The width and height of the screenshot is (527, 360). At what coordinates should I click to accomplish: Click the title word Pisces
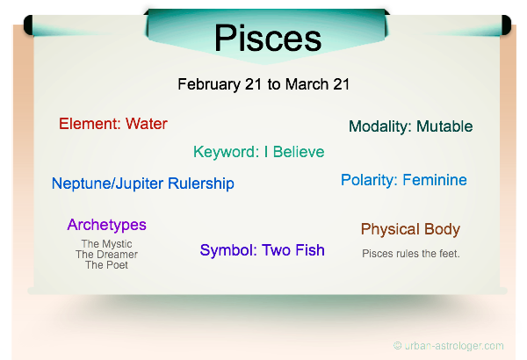(268, 38)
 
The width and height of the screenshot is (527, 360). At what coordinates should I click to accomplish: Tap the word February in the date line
(209, 84)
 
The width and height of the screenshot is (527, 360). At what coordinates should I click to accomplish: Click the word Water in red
(147, 124)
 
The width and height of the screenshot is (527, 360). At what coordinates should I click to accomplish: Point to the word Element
(90, 124)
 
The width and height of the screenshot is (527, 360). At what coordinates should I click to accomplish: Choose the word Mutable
(444, 126)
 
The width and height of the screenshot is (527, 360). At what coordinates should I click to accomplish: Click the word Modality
(380, 127)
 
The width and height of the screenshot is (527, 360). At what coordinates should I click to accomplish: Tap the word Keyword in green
(226, 152)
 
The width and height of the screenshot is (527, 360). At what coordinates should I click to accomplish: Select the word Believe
(299, 152)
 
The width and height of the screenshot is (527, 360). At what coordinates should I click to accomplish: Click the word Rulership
(201, 184)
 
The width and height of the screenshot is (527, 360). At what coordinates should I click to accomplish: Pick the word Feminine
(435, 180)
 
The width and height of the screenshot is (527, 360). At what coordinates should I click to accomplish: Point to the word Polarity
(369, 181)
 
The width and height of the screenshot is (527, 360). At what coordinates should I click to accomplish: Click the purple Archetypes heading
(107, 225)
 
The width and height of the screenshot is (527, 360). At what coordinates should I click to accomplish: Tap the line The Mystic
(106, 244)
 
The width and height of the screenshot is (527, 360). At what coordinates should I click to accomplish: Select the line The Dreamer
(106, 255)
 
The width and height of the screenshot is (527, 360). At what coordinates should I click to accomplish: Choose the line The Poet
(106, 265)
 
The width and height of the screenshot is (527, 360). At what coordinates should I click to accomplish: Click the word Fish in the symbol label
(310, 250)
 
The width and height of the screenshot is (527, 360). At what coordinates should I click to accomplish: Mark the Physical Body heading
(410, 229)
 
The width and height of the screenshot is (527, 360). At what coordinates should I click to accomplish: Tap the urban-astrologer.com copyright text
(449, 346)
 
